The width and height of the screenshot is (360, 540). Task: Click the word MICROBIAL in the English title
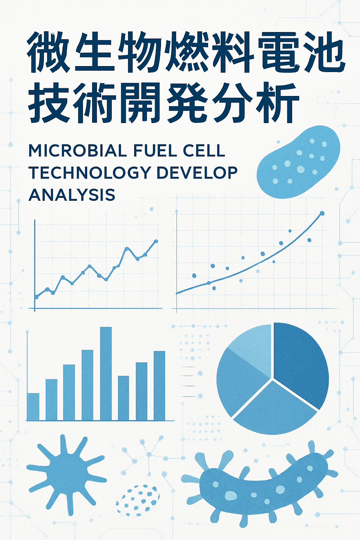(x=77, y=151)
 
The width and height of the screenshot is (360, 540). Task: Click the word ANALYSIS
(x=72, y=194)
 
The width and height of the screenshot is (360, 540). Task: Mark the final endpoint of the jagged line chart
(x=156, y=241)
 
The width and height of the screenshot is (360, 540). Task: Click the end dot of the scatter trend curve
(x=322, y=213)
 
